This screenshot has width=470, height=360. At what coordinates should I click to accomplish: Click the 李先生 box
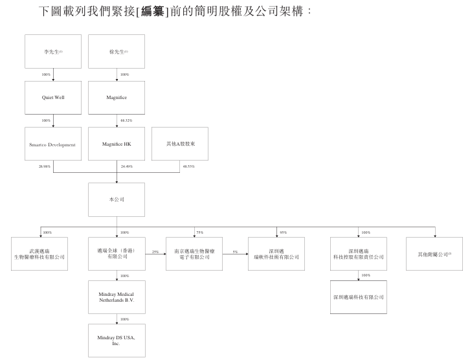pyautogui.click(x=53, y=51)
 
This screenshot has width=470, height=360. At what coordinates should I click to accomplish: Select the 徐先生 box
pyautogui.click(x=117, y=51)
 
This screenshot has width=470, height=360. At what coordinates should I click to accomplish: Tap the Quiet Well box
pyautogui.click(x=53, y=98)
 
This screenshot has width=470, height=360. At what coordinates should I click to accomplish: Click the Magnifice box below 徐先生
pyautogui.click(x=117, y=98)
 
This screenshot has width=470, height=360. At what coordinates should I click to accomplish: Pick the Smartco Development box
pyautogui.click(x=53, y=144)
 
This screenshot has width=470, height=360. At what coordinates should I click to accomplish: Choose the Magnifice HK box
pyautogui.click(x=117, y=144)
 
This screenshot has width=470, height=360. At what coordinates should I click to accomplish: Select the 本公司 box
pyautogui.click(x=117, y=199)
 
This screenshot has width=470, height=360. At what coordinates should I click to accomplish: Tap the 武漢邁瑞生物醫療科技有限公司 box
pyautogui.click(x=39, y=254)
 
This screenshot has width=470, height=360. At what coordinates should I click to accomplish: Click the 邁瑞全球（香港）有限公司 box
pyautogui.click(x=117, y=254)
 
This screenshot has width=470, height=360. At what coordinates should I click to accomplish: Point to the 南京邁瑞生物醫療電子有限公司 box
pyautogui.click(x=194, y=254)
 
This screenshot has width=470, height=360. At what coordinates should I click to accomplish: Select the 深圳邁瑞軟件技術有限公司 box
pyautogui.click(x=274, y=254)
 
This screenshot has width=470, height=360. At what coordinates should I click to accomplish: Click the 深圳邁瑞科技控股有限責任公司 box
pyautogui.click(x=358, y=254)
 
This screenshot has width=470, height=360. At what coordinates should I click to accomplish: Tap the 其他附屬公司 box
pyautogui.click(x=434, y=254)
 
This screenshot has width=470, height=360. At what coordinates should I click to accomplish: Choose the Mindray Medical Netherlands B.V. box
pyautogui.click(x=117, y=297)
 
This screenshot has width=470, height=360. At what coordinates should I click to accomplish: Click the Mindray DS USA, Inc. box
pyautogui.click(x=117, y=341)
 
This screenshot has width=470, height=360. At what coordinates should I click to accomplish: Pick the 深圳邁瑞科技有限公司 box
pyautogui.click(x=358, y=297)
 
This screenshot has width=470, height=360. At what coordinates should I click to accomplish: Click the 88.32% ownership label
pyautogui.click(x=126, y=121)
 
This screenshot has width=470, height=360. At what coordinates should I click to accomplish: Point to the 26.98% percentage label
pyautogui.click(x=45, y=166)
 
